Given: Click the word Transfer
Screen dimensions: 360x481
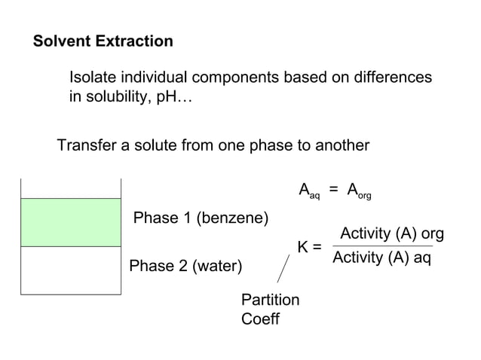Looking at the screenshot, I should [x=87, y=145].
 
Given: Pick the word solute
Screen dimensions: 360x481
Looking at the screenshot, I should [x=155, y=145].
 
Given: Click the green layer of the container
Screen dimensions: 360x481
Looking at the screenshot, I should [x=70, y=222].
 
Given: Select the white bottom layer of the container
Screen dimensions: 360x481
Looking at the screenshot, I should [x=70, y=270].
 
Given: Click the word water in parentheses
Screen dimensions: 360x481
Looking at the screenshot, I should [x=217, y=267].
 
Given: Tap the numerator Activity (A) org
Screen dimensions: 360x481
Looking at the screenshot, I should [x=392, y=234].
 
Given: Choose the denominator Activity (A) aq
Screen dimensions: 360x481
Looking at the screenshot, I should [x=382, y=258].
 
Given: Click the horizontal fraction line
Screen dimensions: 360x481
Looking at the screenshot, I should [x=382, y=246].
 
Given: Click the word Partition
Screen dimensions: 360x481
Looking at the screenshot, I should [x=270, y=300].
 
